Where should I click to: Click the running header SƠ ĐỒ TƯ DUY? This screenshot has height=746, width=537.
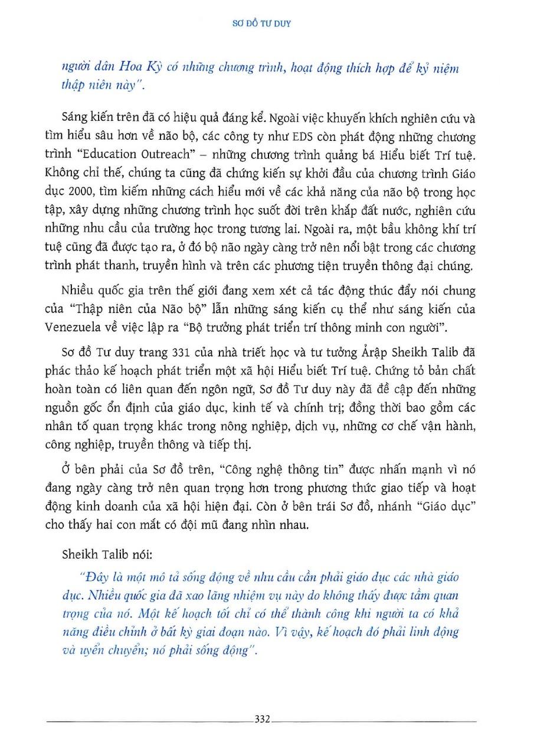(268, 25)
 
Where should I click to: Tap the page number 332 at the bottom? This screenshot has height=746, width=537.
(261, 719)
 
